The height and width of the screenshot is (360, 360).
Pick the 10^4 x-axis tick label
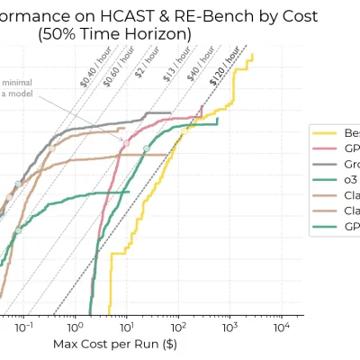coord(283,326)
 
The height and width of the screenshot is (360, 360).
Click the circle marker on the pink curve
coord(126,143)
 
